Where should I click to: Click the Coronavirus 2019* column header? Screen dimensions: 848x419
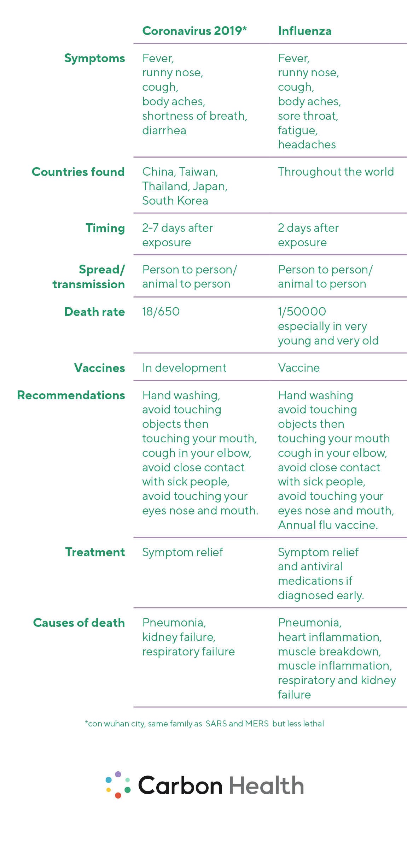(x=194, y=31)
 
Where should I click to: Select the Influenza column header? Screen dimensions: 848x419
(x=305, y=31)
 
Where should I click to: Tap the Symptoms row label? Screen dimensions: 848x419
(x=94, y=58)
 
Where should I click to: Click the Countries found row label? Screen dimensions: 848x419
(x=78, y=172)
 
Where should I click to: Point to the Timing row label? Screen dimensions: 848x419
(x=105, y=228)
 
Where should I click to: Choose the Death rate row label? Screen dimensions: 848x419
(x=94, y=312)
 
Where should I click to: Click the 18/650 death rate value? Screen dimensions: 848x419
(x=161, y=312)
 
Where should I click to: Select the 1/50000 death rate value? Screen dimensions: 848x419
(x=302, y=312)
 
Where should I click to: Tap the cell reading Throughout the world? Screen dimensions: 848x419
(x=336, y=172)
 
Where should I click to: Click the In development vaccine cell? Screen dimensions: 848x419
(x=184, y=368)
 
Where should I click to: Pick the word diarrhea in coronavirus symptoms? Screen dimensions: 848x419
(x=164, y=130)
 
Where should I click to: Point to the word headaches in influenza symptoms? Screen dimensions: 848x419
(x=307, y=145)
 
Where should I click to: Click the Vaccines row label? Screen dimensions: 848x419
(x=99, y=368)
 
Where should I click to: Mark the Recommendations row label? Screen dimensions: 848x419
(x=71, y=395)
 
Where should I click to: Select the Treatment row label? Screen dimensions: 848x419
(x=95, y=552)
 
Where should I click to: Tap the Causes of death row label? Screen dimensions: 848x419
(x=79, y=623)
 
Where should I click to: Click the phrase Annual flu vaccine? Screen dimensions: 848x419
(x=328, y=525)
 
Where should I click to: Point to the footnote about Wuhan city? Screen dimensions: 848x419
(x=204, y=724)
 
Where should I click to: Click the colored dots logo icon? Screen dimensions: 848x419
(x=118, y=785)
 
